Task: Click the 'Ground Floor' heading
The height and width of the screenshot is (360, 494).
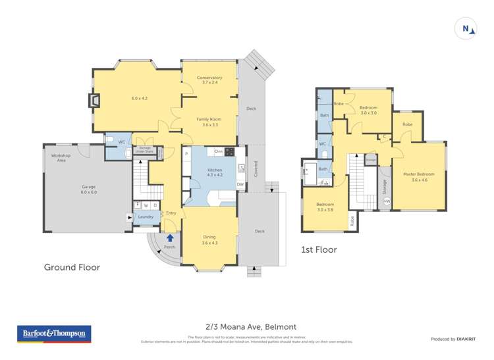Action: click(x=72, y=267)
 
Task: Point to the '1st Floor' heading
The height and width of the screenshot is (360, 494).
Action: click(x=319, y=250)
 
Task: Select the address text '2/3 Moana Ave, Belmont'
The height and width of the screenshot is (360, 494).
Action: click(x=247, y=326)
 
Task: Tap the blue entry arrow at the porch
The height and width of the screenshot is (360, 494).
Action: click(x=171, y=238)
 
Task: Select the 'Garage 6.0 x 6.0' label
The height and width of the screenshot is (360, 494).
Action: click(x=88, y=190)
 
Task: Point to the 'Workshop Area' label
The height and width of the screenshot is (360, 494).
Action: click(x=61, y=157)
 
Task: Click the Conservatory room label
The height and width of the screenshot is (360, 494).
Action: click(x=209, y=80)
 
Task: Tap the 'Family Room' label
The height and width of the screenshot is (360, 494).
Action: click(x=209, y=122)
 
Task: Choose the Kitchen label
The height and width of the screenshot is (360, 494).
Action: click(x=215, y=172)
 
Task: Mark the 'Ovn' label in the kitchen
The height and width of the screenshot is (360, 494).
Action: click(x=218, y=151)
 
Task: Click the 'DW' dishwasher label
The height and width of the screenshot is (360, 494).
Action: click(x=240, y=185)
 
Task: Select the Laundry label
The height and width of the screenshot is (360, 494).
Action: click(x=146, y=217)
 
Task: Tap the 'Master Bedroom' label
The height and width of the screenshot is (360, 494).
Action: click(x=420, y=176)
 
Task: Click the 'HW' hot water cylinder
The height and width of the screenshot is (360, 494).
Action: click(x=386, y=201)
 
